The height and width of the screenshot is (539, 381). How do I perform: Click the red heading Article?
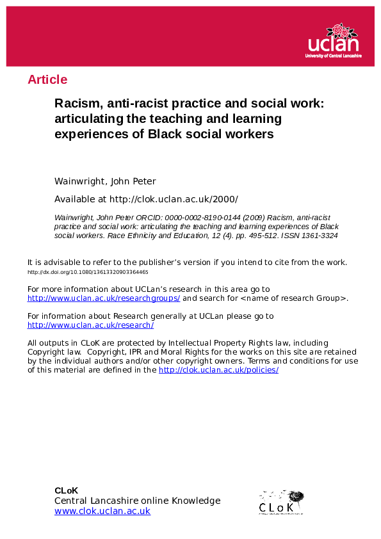point(47,80)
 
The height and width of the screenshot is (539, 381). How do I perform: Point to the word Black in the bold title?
point(166,134)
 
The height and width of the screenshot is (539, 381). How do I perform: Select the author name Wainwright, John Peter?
point(105,181)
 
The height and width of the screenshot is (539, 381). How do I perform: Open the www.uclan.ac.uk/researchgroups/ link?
point(104,298)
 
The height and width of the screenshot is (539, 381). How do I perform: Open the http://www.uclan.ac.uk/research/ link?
point(90,325)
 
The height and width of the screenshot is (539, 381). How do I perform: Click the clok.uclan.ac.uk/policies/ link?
point(218,370)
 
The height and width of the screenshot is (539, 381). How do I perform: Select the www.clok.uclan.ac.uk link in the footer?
point(102,511)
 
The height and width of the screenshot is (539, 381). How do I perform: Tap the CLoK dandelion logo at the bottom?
point(281,502)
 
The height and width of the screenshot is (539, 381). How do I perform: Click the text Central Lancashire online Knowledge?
point(137,501)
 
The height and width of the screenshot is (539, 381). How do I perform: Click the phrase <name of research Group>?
point(296,298)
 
